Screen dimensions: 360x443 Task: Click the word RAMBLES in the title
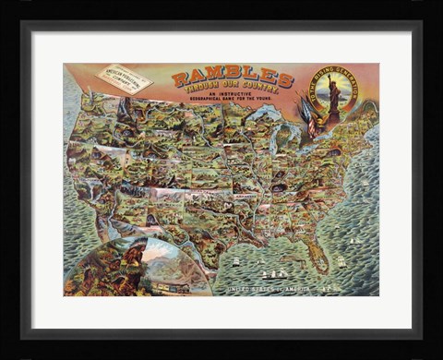[x=232, y=78]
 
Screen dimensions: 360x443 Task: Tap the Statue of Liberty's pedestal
[x=333, y=109]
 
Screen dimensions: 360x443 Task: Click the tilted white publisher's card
[x=126, y=78]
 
